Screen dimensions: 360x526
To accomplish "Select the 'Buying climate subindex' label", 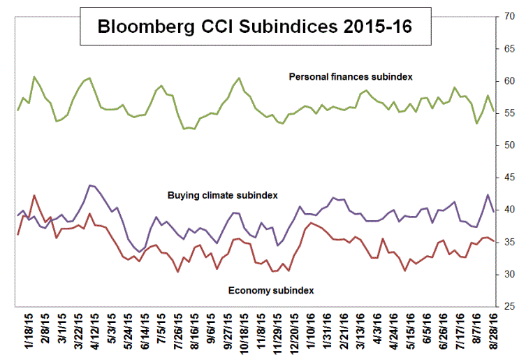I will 223,195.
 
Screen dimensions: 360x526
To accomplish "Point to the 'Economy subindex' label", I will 271,289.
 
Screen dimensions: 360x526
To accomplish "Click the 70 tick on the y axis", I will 511,17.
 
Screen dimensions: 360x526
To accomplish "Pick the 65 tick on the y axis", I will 511,49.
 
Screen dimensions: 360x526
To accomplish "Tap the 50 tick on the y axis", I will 511,145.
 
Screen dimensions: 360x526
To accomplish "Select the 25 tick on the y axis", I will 511,306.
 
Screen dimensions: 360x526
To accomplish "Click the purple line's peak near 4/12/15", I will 90,185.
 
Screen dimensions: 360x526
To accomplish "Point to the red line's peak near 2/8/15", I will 34,195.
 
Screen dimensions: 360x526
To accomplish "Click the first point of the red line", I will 17,234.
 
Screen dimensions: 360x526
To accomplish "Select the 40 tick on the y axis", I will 511,210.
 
